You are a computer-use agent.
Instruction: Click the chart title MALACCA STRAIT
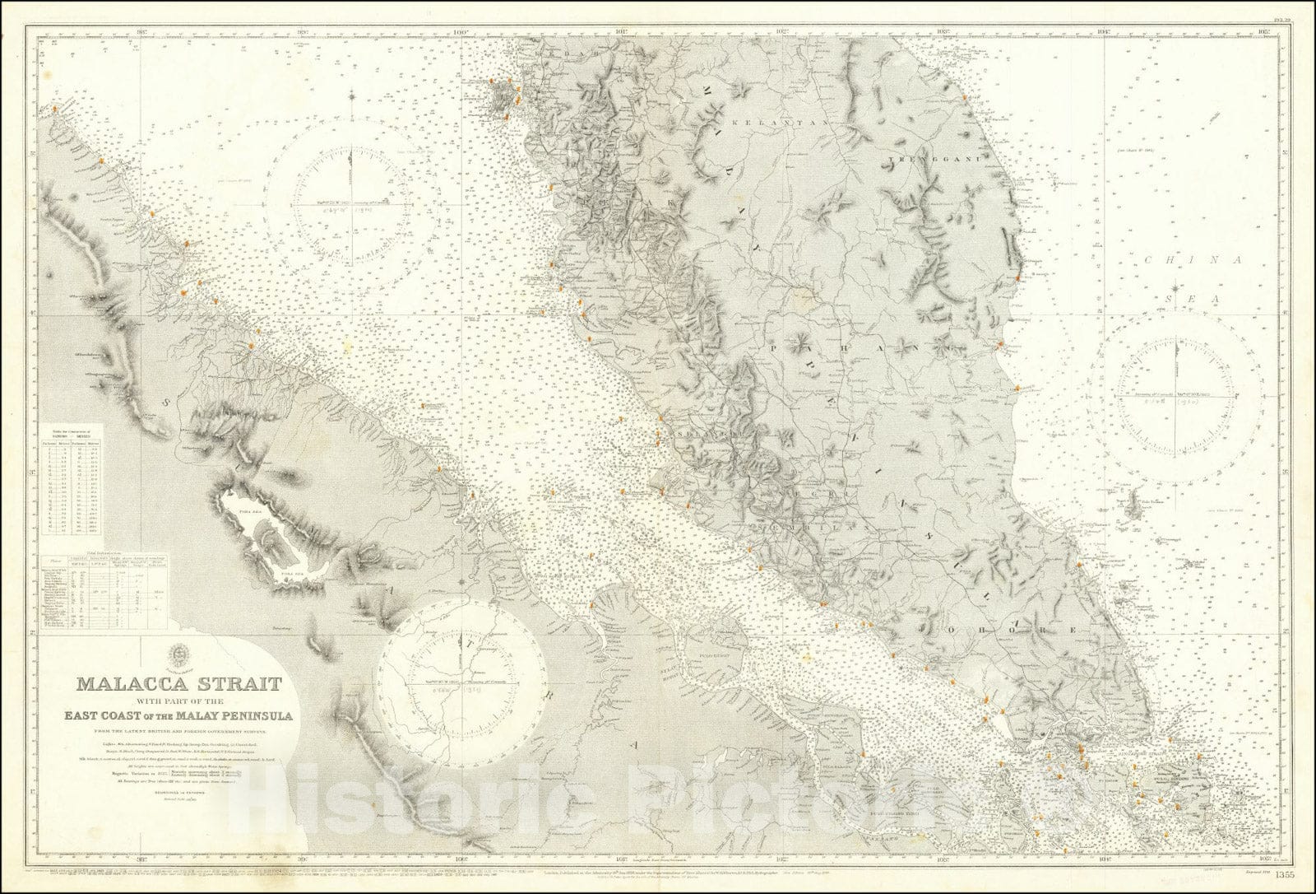pos(178,684)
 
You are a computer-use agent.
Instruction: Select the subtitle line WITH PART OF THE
pos(178,701)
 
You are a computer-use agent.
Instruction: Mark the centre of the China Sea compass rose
pos(1178,396)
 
